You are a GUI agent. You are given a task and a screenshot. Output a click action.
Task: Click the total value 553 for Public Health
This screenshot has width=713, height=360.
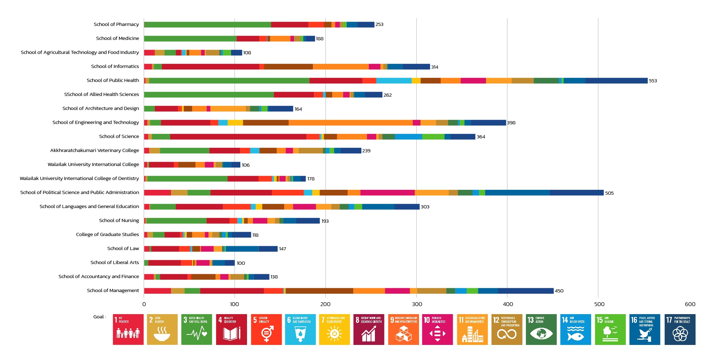[653, 81]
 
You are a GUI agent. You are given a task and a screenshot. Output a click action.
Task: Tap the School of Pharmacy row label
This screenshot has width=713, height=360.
[116, 24]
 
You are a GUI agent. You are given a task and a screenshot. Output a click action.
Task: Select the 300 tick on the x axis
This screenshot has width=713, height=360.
[417, 304]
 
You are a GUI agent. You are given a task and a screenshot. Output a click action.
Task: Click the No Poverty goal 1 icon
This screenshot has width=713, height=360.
[128, 329]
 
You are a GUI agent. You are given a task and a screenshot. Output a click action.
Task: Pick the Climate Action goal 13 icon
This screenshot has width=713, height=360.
[541, 329]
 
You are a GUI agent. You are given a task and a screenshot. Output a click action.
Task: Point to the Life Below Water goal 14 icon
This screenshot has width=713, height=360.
[575, 329]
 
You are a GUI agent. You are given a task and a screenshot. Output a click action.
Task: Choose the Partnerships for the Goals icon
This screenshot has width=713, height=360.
[680, 329]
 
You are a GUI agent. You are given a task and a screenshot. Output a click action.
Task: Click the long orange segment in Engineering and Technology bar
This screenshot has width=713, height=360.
[350, 123]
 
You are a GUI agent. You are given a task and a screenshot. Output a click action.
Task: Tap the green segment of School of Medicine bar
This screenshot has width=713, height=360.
[190, 39]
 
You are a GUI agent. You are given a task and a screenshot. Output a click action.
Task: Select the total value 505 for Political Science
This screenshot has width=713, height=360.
[609, 193]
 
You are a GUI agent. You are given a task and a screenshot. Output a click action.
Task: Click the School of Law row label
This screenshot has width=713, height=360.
[123, 248]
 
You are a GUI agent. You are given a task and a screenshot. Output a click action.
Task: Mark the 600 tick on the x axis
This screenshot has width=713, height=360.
[690, 304]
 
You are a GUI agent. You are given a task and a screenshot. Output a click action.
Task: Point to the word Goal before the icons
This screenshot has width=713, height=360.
[98, 317]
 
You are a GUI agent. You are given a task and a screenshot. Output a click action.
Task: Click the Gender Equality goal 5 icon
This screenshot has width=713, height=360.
[266, 329]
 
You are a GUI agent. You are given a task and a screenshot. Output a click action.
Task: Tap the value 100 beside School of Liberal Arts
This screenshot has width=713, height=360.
[241, 263]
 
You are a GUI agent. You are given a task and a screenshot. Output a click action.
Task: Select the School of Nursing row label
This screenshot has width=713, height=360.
[119, 220]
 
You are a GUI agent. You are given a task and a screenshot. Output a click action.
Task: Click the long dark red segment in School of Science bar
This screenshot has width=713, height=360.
[238, 137]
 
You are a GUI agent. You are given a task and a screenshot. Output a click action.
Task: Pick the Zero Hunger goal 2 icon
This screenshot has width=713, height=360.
[162, 329]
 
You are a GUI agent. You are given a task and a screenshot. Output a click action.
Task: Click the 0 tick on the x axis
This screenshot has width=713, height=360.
[144, 304]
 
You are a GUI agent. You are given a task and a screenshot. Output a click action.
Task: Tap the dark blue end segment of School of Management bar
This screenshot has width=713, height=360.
[526, 291]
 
